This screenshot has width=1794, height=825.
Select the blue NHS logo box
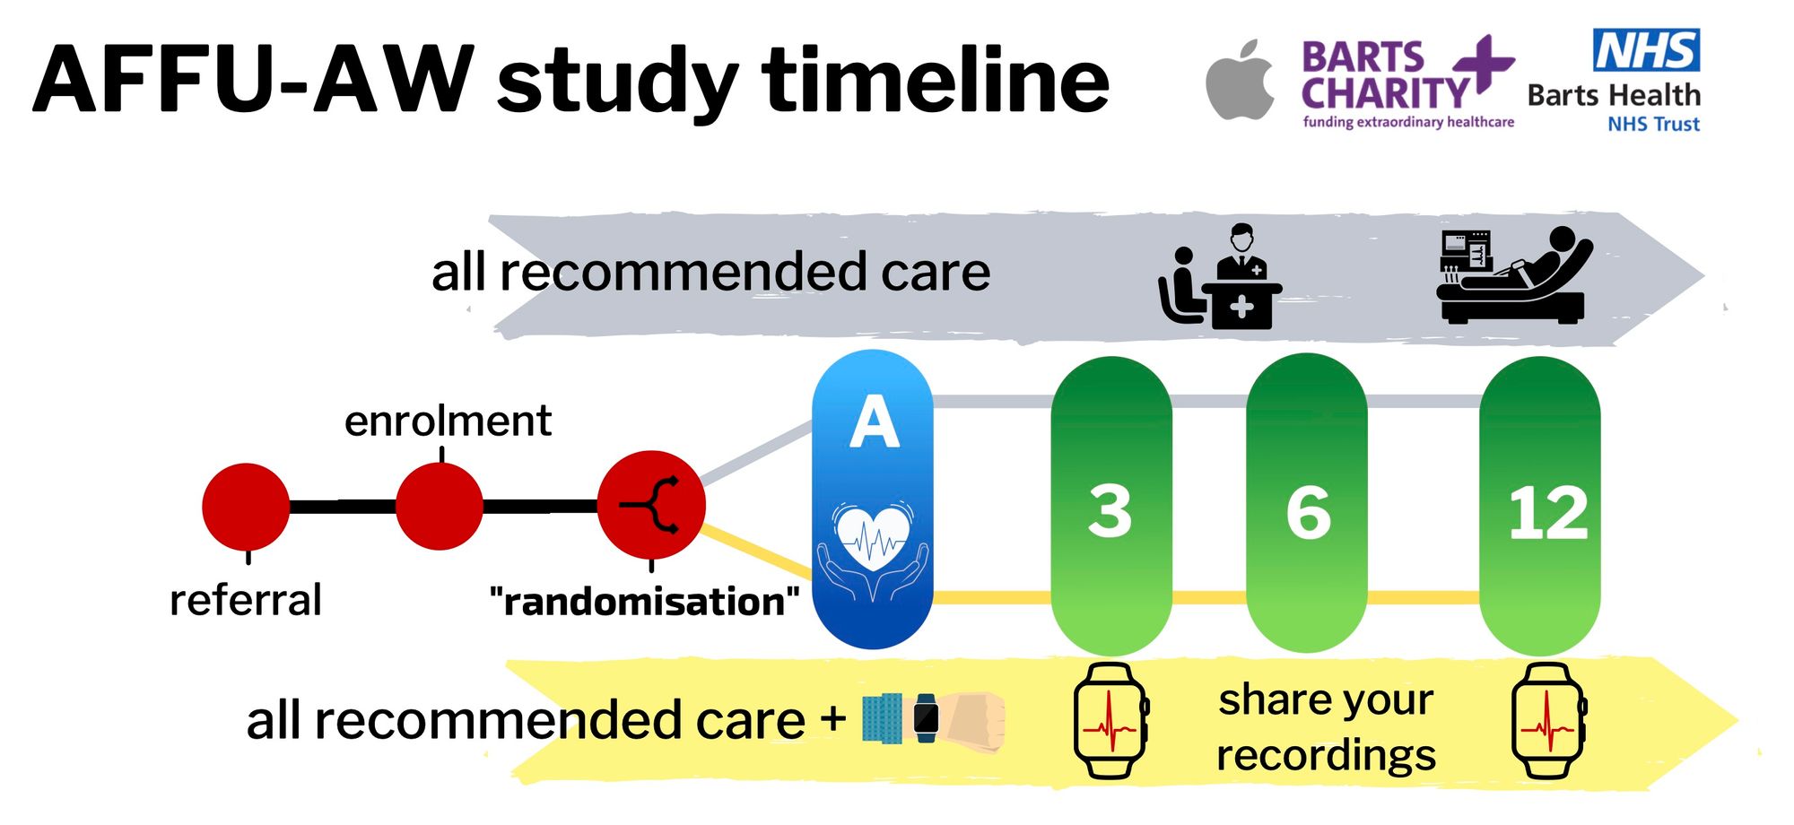pos(1646,50)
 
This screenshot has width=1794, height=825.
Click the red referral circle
pos(246,507)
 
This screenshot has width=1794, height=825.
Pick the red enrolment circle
pos(440,507)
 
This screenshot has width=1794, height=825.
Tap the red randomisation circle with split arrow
pos(651,506)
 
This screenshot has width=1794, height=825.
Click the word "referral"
pos(245,600)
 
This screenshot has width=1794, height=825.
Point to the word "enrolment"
pos(448,421)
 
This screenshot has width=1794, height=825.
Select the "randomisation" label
pos(644,602)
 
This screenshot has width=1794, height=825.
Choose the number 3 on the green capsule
pos(1110,512)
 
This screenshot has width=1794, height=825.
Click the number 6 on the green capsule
pos(1308,513)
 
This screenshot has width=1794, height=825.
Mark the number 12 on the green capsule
pos(1547,514)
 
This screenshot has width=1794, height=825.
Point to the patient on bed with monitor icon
pos(1514,274)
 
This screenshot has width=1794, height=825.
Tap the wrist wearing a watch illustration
pos(933,718)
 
